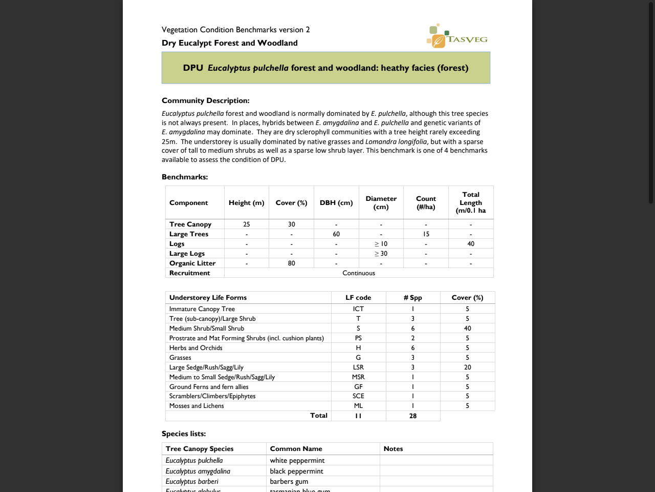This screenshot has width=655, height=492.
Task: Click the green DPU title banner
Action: click(x=325, y=68)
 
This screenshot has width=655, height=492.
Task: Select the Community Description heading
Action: click(x=206, y=100)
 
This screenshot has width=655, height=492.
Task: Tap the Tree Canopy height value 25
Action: click(x=246, y=224)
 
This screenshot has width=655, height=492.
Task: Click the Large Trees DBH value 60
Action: click(x=336, y=234)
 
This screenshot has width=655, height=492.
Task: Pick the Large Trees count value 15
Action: click(x=426, y=234)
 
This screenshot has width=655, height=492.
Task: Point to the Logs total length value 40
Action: click(x=470, y=244)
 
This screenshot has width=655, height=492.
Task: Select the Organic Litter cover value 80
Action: click(x=291, y=263)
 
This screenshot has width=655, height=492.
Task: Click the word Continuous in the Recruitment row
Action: click(x=359, y=273)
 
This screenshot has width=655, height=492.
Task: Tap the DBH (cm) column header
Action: click(x=336, y=203)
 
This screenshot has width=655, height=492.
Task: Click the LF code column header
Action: click(x=358, y=298)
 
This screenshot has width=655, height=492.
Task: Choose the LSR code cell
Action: click(x=358, y=367)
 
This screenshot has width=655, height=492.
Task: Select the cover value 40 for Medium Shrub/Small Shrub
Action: click(x=467, y=329)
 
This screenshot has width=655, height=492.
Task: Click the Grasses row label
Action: click(x=180, y=358)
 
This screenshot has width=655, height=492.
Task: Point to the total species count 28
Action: click(x=412, y=416)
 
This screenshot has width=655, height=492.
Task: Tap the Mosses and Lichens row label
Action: click(x=196, y=406)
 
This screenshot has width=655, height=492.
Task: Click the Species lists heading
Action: click(x=184, y=434)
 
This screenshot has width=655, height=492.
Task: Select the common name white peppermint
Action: click(x=297, y=461)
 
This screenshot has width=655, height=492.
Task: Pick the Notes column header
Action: click(x=393, y=449)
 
